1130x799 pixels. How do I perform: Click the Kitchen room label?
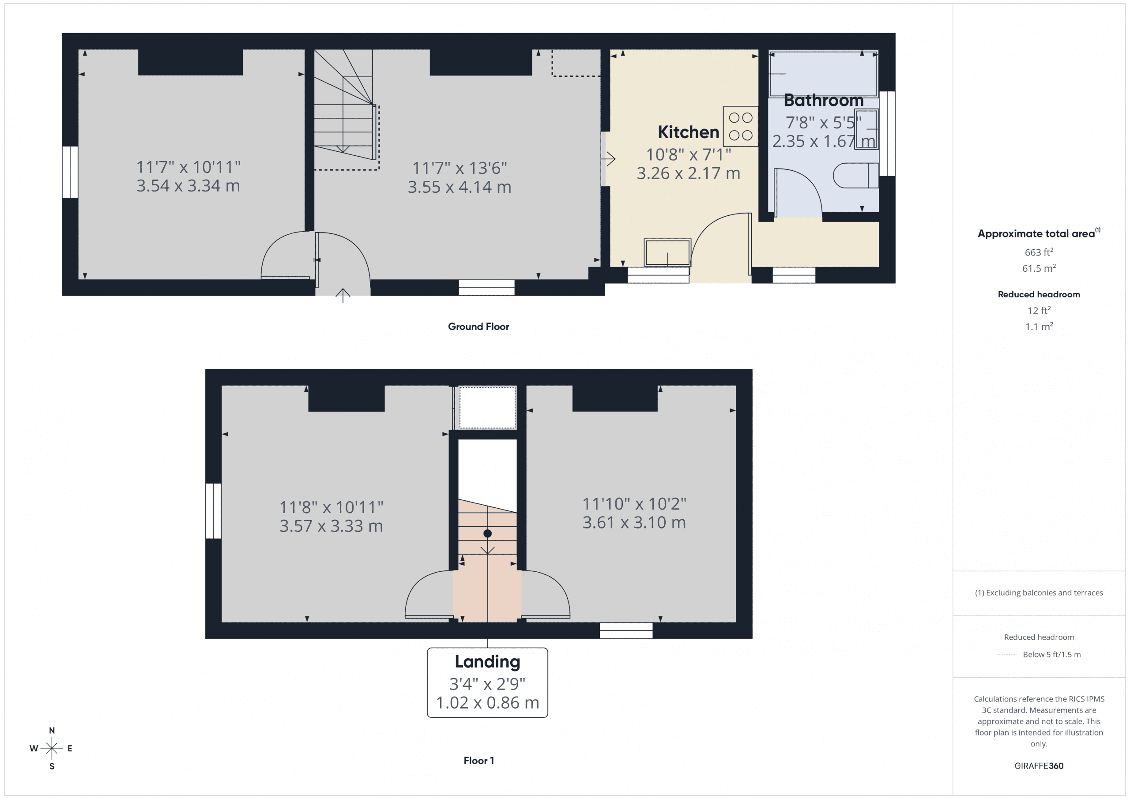pyautogui.click(x=688, y=132)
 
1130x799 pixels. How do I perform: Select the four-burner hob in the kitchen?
pyautogui.click(x=740, y=127)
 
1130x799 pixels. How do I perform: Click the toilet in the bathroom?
pyautogui.click(x=855, y=175)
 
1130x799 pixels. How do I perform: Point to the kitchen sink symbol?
pyautogui.click(x=667, y=252)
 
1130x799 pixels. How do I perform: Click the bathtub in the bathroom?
pyautogui.click(x=823, y=74)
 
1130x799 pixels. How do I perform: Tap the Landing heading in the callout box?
pyautogui.click(x=487, y=662)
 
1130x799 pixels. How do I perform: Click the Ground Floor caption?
pyautogui.click(x=478, y=326)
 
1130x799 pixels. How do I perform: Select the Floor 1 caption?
pyautogui.click(x=478, y=761)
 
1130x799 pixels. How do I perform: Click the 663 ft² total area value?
pyautogui.click(x=1039, y=252)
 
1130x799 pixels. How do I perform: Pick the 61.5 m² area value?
pyautogui.click(x=1039, y=269)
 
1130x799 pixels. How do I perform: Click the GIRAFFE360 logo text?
pyautogui.click(x=1039, y=766)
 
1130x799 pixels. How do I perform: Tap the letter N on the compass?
pyautogui.click(x=52, y=731)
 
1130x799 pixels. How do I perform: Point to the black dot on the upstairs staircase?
pyautogui.click(x=487, y=533)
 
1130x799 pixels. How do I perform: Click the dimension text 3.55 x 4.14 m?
pyautogui.click(x=459, y=188)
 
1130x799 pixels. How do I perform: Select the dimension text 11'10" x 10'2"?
pyautogui.click(x=634, y=504)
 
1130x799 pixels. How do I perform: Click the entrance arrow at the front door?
pyautogui.click(x=343, y=295)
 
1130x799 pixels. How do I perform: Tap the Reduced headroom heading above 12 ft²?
pyautogui.click(x=1039, y=295)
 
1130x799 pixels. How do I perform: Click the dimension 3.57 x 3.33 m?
pyautogui.click(x=331, y=526)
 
